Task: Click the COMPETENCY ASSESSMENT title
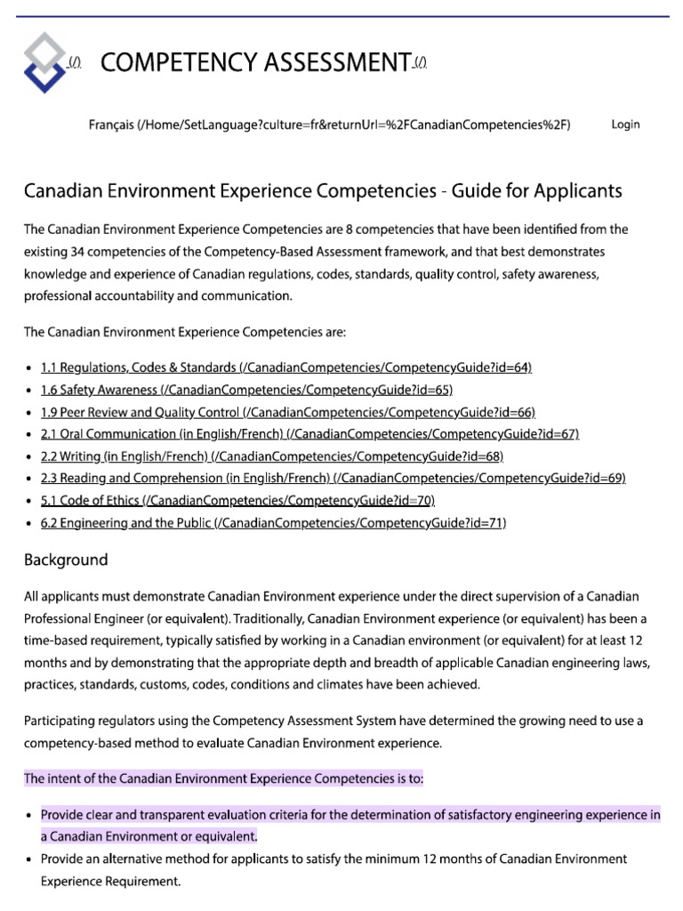(254, 62)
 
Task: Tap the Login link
(625, 125)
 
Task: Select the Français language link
(329, 125)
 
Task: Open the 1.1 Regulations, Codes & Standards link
(285, 367)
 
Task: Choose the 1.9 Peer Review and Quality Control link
(288, 411)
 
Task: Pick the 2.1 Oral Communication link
(309, 433)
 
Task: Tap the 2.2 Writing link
(272, 455)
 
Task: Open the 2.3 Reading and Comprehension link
(333, 478)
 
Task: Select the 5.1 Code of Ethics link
(237, 500)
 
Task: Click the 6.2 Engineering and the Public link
(273, 522)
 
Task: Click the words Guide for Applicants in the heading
(537, 191)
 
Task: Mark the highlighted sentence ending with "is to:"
(223, 778)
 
